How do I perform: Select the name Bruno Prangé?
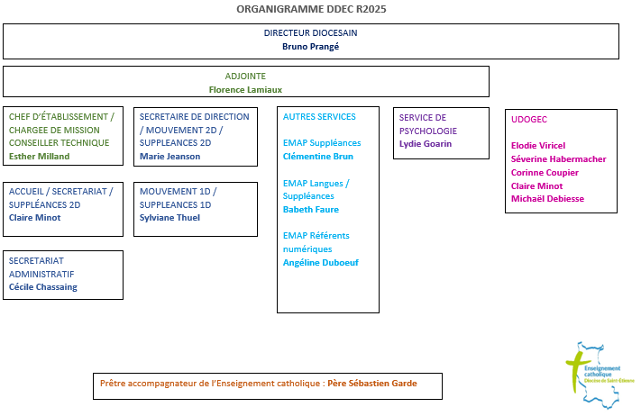pos(310,46)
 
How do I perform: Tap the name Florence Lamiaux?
pos(246,89)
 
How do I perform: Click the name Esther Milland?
pos(39,156)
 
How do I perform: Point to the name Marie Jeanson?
pos(170,156)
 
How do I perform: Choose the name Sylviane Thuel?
pos(169,217)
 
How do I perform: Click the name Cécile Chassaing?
pos(43,286)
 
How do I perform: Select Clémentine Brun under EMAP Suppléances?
pos(318,156)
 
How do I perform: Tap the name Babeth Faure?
pos(312,209)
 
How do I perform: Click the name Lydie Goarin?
pos(426,143)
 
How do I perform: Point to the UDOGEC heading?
pos(529,119)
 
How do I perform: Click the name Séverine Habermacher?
pos(558,158)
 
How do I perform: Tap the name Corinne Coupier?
pos(545,172)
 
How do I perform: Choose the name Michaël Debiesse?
pos(547,198)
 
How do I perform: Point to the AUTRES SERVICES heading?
pos(319,116)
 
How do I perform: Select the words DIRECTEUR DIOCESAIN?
pos(311,32)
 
